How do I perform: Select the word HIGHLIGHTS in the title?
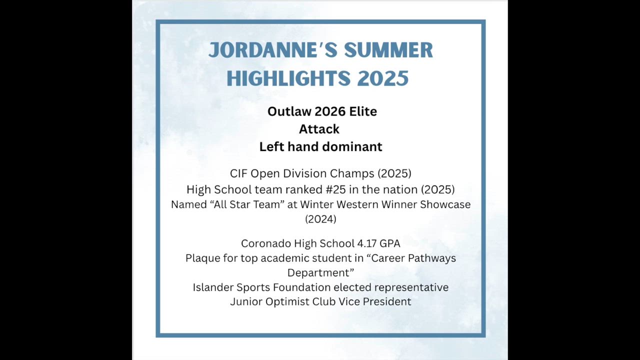[288, 78]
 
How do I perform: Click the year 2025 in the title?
[383, 78]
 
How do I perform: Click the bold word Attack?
[319, 129]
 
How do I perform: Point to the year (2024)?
[320, 219]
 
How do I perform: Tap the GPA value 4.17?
[367, 243]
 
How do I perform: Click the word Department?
[318, 273]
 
